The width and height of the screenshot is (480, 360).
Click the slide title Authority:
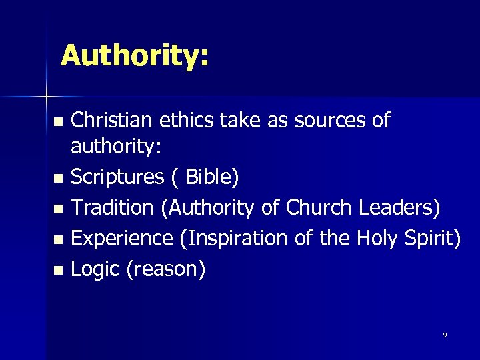[135, 55]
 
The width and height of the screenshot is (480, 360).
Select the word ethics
[177, 120]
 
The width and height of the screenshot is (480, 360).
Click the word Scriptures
[117, 177]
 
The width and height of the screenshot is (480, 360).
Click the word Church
[319, 207]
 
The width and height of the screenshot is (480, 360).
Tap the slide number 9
[445, 335]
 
